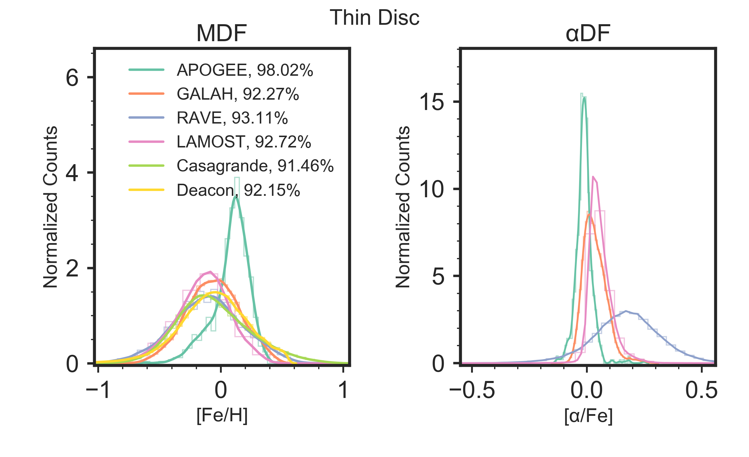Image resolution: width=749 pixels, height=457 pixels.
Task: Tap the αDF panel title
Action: click(588, 33)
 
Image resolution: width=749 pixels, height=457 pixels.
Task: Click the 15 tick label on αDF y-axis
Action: click(431, 102)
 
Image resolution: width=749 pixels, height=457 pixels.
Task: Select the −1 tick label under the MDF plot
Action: click(98, 390)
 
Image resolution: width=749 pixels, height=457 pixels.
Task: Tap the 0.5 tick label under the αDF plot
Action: click(701, 390)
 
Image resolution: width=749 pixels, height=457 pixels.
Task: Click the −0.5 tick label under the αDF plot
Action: click(472, 390)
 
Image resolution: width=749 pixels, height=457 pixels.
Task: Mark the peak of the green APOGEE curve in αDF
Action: click(584, 98)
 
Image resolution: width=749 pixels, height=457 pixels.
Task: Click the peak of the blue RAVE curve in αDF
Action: click(626, 311)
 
